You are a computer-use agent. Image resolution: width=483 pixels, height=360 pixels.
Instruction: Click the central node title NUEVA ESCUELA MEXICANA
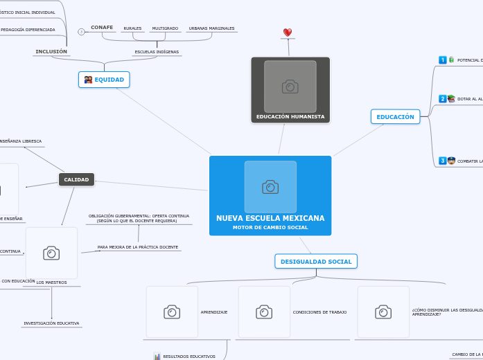(270, 218)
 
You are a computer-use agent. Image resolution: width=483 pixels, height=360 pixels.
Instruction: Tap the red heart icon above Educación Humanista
(288, 33)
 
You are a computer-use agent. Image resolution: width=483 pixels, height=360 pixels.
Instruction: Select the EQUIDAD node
(104, 80)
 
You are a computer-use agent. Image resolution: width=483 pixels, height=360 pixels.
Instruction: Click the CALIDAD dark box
(76, 179)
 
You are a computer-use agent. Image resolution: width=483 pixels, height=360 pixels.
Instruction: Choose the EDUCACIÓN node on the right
(395, 117)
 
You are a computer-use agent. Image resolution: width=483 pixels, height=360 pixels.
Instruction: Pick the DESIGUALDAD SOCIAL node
(316, 261)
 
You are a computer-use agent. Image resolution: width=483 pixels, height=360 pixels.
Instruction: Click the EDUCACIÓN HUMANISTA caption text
(290, 117)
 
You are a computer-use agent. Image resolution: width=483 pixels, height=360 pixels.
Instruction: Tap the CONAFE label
(102, 28)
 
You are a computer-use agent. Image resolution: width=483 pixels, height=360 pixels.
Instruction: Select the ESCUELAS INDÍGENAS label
(156, 52)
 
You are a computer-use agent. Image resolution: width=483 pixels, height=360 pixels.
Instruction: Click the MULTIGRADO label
(165, 28)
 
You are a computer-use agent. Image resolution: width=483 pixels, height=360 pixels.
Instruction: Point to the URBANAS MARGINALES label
(211, 28)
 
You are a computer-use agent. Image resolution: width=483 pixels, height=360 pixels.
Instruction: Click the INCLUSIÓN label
(51, 51)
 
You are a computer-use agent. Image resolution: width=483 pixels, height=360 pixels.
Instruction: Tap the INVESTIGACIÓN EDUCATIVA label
(51, 323)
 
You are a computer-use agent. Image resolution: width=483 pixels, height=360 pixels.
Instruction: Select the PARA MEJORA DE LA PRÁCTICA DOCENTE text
(138, 247)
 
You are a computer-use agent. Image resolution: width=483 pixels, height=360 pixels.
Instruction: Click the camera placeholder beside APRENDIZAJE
(172, 312)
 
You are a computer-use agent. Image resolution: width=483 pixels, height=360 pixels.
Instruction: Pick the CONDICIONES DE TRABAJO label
(319, 312)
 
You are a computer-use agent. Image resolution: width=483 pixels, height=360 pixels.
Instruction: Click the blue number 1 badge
(443, 60)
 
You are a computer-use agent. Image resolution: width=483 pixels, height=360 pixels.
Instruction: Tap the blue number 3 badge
(443, 161)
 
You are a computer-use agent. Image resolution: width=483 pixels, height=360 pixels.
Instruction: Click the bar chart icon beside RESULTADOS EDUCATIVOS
(157, 357)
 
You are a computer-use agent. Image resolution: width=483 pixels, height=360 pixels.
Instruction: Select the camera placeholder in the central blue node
(270, 187)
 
